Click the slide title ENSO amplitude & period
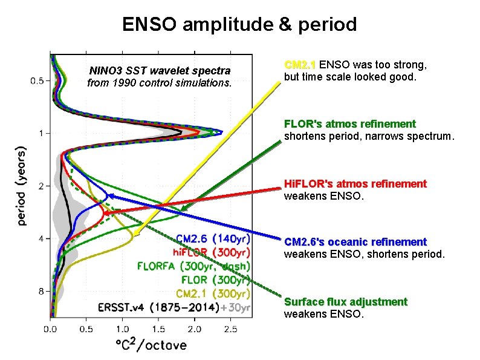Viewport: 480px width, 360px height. (x=239, y=24)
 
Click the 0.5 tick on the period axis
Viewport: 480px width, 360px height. (x=37, y=80)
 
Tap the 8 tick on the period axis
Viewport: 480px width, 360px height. (x=41, y=292)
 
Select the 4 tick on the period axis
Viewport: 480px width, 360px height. (x=41, y=239)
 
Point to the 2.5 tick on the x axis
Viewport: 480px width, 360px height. (x=230, y=330)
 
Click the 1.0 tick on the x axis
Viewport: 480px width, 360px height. (x=123, y=330)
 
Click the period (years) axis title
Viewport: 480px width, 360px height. (x=22, y=185)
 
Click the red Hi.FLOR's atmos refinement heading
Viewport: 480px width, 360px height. (x=355, y=183)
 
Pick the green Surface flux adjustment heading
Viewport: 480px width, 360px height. (x=345, y=302)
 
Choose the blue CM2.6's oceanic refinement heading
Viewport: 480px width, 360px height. (x=355, y=242)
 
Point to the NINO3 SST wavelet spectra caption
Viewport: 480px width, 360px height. (x=160, y=71)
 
